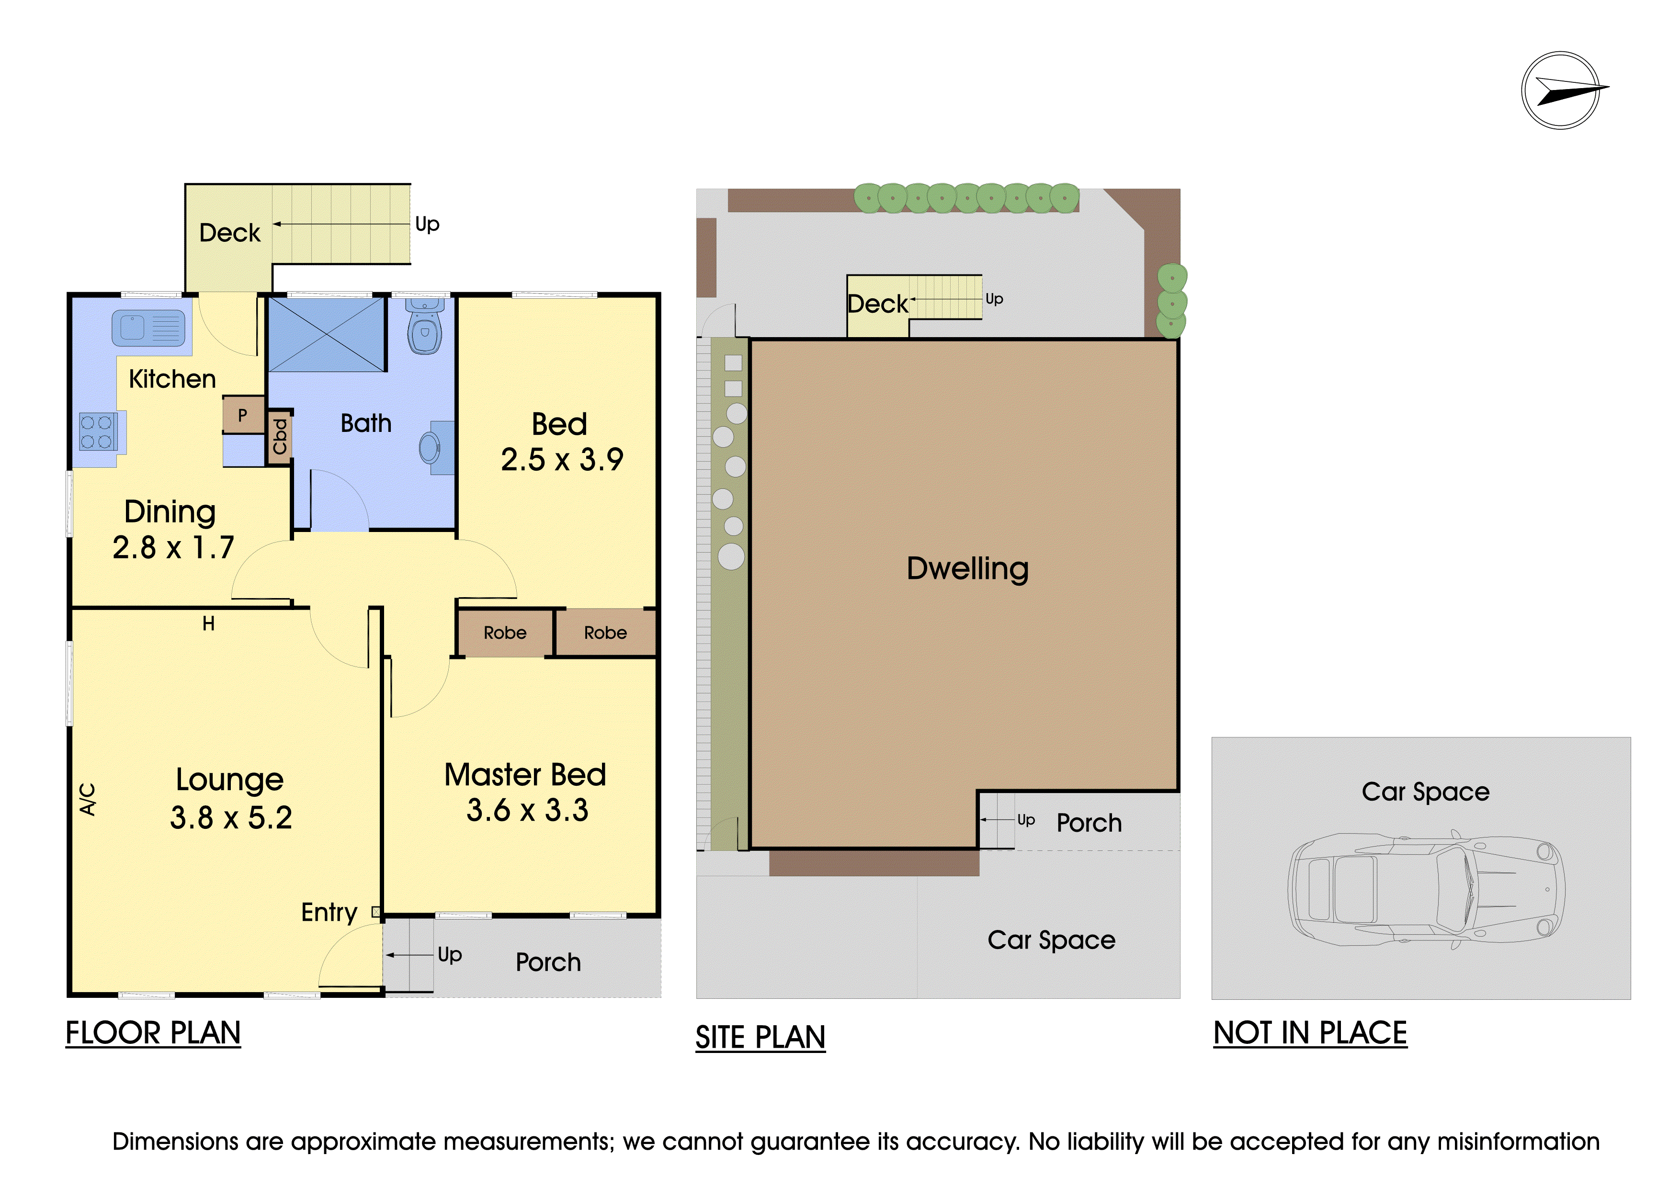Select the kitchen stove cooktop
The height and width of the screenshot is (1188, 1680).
click(97, 431)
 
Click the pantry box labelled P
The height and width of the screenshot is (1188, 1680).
click(243, 415)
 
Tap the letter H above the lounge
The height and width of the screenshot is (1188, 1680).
click(208, 623)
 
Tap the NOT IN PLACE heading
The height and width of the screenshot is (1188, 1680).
click(1310, 1033)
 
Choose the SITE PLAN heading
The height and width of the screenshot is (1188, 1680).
click(760, 1037)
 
